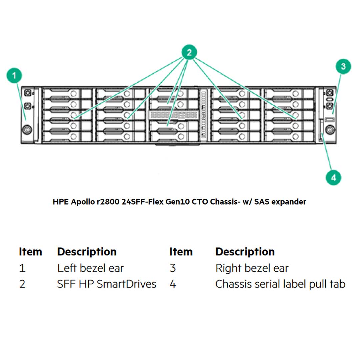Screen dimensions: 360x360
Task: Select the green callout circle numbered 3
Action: [x=343, y=67]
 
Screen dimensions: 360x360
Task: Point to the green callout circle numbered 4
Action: [x=334, y=177]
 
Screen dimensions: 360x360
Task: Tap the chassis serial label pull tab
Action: [x=322, y=133]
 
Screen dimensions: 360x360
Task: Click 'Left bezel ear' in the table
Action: [x=90, y=268]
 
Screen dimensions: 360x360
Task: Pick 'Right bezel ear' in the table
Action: [x=252, y=268]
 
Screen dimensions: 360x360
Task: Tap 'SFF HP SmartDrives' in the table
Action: [x=106, y=284]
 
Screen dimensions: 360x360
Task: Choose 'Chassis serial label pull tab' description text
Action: [x=280, y=284]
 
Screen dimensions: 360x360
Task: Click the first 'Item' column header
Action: [x=30, y=252]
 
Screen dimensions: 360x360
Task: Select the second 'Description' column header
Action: [x=245, y=252]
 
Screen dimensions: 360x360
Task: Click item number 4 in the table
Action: [x=173, y=284]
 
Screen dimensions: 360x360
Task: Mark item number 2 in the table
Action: [x=22, y=284]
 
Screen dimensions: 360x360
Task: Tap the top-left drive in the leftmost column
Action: [x=67, y=94]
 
